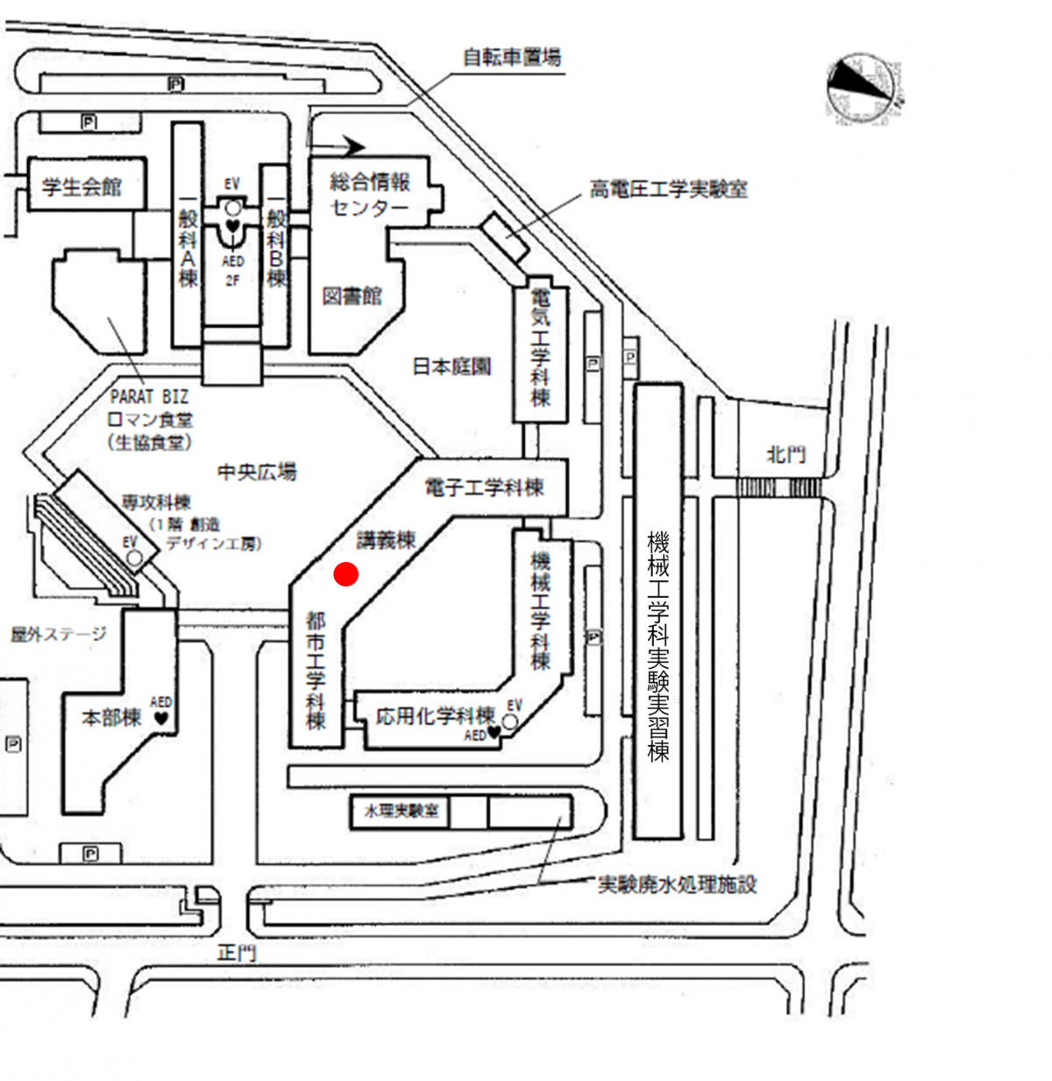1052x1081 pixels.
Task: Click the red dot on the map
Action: (x=346, y=574)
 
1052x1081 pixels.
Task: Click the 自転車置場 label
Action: (x=512, y=58)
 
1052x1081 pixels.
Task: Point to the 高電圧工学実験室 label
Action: (x=668, y=189)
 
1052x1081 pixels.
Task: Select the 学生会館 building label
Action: (x=82, y=186)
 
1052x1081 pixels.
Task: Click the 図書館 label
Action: (x=352, y=296)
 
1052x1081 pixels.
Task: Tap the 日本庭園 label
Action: (x=451, y=366)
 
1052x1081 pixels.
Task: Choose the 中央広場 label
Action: (x=257, y=472)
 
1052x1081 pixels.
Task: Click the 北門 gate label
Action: (x=785, y=454)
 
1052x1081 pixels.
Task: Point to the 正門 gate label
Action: (x=237, y=953)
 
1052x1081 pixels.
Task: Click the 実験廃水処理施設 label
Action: (x=677, y=885)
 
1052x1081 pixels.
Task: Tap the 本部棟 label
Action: (x=111, y=718)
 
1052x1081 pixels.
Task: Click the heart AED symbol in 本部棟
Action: (x=161, y=718)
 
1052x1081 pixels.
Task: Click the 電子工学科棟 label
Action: (x=484, y=487)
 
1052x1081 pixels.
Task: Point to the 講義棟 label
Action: (x=386, y=540)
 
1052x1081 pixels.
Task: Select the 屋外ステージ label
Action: (x=59, y=634)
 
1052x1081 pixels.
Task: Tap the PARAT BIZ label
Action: (x=149, y=397)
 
